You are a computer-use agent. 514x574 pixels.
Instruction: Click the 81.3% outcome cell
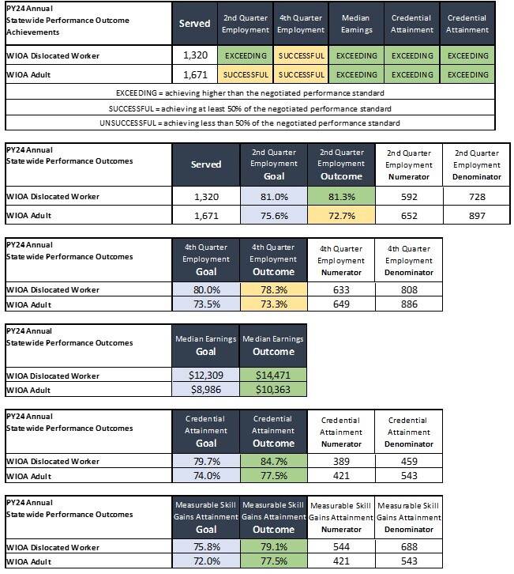tap(342, 196)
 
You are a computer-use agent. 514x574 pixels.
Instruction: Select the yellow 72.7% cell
tap(342, 214)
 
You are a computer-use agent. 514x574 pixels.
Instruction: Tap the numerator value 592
tap(409, 196)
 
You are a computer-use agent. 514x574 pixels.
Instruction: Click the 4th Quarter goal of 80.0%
tap(204, 290)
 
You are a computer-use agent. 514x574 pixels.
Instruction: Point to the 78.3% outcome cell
tap(273, 290)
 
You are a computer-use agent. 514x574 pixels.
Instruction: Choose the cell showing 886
tap(409, 304)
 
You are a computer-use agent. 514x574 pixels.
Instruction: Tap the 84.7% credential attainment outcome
tap(273, 461)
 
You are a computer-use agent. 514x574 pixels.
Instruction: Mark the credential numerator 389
tap(342, 461)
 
